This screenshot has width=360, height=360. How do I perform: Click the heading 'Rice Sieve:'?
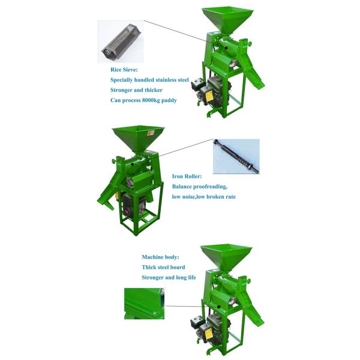124,70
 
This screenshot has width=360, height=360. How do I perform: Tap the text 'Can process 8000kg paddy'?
143,100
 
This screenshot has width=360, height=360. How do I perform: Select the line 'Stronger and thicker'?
136,90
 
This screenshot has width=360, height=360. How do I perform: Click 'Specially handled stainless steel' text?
149,80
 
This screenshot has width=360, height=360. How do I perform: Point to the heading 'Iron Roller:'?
187,176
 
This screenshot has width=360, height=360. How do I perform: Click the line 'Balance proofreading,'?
200,187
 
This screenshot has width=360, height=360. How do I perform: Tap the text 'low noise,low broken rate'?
204,197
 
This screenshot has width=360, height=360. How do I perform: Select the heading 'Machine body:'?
160,257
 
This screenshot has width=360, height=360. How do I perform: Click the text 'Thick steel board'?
163,267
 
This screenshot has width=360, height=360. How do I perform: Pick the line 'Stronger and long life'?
169,277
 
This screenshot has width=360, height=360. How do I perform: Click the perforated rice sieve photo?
121,42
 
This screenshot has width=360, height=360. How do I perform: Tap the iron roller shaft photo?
236,157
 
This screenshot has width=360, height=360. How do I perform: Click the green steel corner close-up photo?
145,304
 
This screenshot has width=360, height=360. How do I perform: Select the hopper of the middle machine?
138,138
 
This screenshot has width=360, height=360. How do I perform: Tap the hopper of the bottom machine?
226,257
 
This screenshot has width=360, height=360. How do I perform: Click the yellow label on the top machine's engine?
209,97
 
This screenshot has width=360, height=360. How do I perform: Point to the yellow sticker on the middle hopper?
151,133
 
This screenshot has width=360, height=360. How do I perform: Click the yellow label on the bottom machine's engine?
208,334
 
